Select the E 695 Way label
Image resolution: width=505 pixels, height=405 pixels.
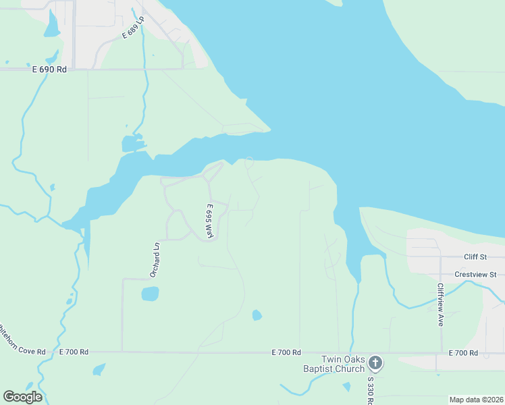click(x=210, y=221)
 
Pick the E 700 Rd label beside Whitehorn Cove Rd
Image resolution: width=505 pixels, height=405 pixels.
click(x=74, y=352)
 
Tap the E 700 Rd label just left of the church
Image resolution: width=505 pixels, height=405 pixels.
click(x=286, y=352)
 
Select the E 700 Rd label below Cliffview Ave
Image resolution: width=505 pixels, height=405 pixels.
click(x=463, y=353)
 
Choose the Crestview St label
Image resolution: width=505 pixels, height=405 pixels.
click(x=475, y=275)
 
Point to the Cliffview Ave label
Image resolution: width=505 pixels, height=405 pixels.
click(x=440, y=304)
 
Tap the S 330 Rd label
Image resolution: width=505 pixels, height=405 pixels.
click(x=370, y=387)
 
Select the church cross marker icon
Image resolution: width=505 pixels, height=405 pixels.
click(x=376, y=364)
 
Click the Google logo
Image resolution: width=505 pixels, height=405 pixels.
click(x=22, y=397)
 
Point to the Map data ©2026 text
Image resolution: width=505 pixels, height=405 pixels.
click(x=476, y=400)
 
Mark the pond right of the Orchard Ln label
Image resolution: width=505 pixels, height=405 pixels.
click(x=150, y=294)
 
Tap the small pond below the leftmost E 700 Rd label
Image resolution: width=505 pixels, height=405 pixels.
click(x=99, y=369)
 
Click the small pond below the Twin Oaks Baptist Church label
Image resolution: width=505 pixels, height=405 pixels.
click(x=346, y=387)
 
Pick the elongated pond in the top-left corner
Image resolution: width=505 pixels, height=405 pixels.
click(x=52, y=24)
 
